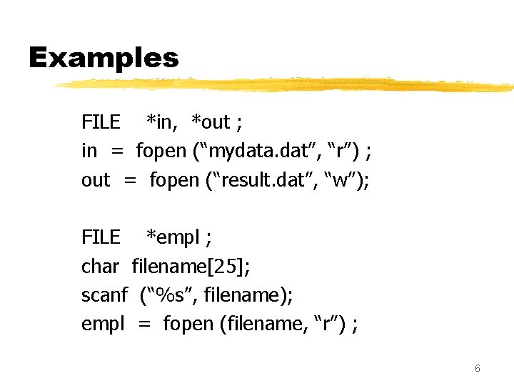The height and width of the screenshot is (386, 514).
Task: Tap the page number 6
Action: pos(477,369)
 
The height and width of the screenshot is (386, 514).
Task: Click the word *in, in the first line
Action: pos(163,123)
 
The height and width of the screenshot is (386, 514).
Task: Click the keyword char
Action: pos(100,267)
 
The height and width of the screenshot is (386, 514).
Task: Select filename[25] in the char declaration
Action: pos(191,267)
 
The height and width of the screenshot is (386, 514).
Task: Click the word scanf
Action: pos(104,295)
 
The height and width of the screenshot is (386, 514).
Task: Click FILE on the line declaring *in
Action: pos(101,123)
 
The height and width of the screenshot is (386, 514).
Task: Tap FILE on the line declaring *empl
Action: pos(101,237)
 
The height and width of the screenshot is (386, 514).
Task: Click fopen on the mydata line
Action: pos(161,152)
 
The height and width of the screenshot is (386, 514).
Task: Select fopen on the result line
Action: pos(175,180)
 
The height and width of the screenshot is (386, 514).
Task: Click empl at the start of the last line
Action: pos(103,324)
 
